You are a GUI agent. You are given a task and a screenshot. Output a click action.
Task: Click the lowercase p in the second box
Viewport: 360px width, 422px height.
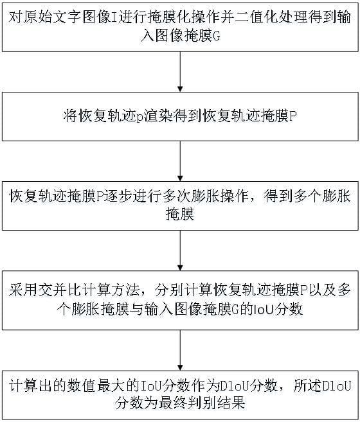pyautogui.click(x=139, y=117)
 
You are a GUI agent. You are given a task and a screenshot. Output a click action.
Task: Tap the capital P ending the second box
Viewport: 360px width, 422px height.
pyautogui.click(x=293, y=116)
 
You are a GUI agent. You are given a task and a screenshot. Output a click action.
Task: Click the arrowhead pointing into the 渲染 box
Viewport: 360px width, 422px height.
pyautogui.click(x=180, y=89)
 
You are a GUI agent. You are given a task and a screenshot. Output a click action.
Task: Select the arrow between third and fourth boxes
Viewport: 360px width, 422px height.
pyautogui.click(x=180, y=251)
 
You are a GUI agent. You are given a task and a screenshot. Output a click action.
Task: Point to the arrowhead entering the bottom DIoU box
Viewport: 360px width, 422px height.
pyautogui.click(x=180, y=367)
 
